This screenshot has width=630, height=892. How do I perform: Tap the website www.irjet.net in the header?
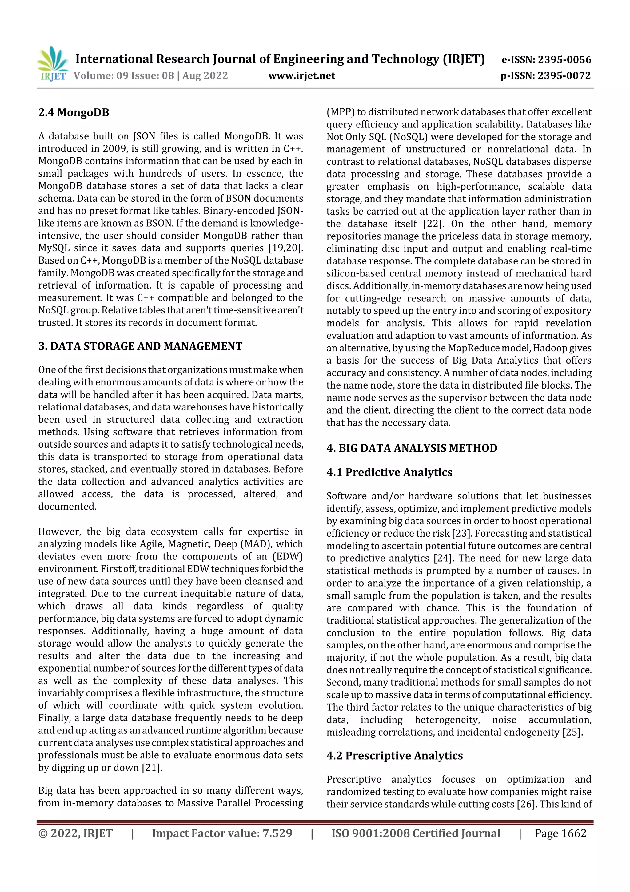[301, 76]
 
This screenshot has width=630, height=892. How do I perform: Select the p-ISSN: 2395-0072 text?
[545, 76]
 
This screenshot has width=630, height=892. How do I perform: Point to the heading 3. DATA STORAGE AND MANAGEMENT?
[140, 346]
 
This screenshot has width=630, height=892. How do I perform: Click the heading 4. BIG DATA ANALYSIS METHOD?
[412, 448]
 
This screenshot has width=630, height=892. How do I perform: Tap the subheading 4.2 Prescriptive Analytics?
[394, 756]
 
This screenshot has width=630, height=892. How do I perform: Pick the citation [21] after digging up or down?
[152, 768]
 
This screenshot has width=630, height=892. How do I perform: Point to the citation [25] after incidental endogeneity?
[572, 732]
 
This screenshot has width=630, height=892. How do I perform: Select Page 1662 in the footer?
[560, 833]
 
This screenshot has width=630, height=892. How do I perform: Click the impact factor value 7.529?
[277, 833]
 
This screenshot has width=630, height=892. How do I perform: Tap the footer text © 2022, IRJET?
[75, 833]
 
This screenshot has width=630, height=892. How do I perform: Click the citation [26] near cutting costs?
[526, 804]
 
